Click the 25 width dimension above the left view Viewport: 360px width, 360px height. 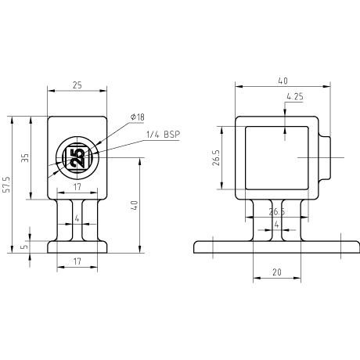pos(77,85)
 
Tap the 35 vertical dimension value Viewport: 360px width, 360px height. pos(25,158)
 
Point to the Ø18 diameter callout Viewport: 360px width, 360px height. pos(138,117)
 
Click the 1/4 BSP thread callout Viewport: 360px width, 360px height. pos(164,135)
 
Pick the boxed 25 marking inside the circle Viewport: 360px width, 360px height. pos(77,157)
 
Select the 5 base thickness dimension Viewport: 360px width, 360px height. pos(24,247)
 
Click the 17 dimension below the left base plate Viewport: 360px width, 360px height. pos(77,261)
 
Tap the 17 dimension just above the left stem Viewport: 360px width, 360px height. pos(77,187)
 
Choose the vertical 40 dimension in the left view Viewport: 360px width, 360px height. pos(135,205)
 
